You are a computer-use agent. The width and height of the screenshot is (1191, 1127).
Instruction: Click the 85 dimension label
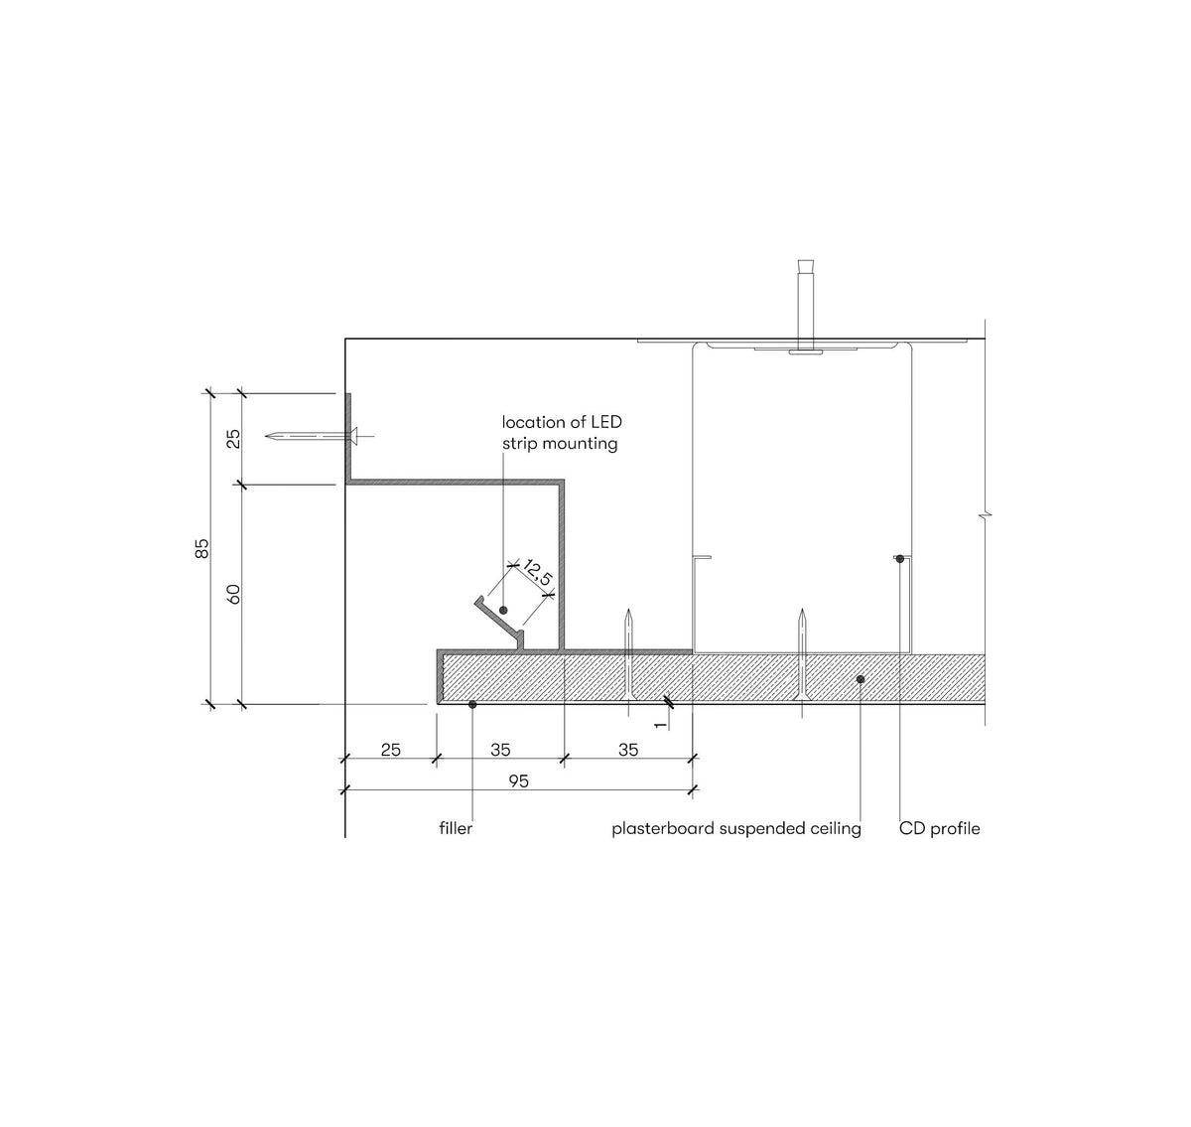tap(202, 549)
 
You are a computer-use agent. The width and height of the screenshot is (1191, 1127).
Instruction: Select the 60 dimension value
tap(234, 595)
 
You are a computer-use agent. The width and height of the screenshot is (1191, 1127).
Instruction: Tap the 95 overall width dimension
tap(518, 781)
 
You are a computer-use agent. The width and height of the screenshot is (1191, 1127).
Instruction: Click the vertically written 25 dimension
tap(234, 438)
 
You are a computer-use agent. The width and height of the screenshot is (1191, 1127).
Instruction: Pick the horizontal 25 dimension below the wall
tap(391, 750)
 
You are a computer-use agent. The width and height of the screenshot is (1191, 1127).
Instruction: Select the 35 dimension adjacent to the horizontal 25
tap(500, 750)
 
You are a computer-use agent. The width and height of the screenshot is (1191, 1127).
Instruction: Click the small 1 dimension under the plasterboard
tap(661, 724)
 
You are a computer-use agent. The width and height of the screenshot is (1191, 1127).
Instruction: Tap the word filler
tap(456, 828)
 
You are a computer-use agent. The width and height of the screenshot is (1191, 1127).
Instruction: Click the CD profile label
tap(939, 828)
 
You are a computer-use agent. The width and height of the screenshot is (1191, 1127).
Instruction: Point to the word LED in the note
tap(604, 423)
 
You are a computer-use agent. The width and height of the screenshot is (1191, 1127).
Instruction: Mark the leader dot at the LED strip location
tap(503, 610)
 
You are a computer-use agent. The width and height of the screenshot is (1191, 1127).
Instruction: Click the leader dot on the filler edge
tap(472, 704)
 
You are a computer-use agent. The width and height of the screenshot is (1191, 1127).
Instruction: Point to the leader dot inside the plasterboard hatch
tap(860, 679)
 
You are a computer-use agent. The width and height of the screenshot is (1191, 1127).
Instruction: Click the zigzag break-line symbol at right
tap(985, 516)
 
